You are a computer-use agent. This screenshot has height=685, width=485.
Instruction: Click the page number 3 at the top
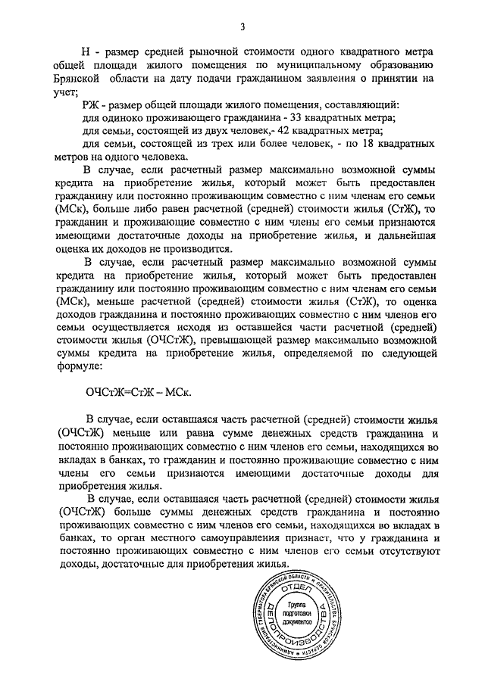[242, 28]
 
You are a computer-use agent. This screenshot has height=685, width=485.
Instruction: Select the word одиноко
[120, 119]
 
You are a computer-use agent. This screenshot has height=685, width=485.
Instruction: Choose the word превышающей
[236, 340]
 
